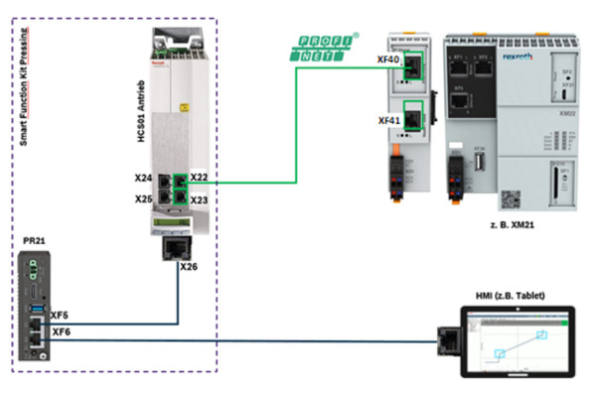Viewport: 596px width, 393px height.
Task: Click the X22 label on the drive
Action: pos(200,178)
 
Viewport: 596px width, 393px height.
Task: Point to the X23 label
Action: pos(200,199)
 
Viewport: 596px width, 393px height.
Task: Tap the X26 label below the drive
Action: pos(190,266)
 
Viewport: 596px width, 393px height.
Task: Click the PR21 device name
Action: pos(35,241)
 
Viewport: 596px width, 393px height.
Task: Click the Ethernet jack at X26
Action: pos(177,246)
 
